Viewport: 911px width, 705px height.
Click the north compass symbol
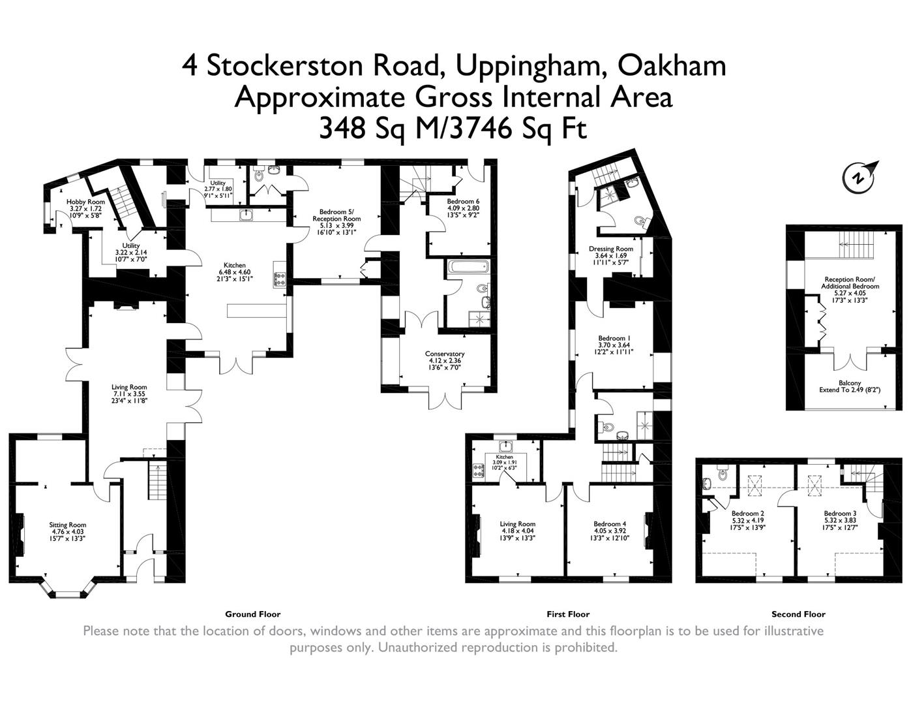tap(860, 176)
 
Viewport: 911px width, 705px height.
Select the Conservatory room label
tap(446, 354)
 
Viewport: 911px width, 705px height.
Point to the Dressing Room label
tap(610, 249)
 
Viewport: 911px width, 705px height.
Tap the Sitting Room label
tap(68, 525)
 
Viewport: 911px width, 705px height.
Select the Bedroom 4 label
tap(610, 524)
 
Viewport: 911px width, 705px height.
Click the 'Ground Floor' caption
tap(252, 614)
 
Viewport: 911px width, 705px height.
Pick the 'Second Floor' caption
tap(798, 614)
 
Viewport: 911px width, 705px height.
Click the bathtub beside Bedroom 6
tap(468, 266)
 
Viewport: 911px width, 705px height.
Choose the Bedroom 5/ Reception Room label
tap(336, 215)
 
